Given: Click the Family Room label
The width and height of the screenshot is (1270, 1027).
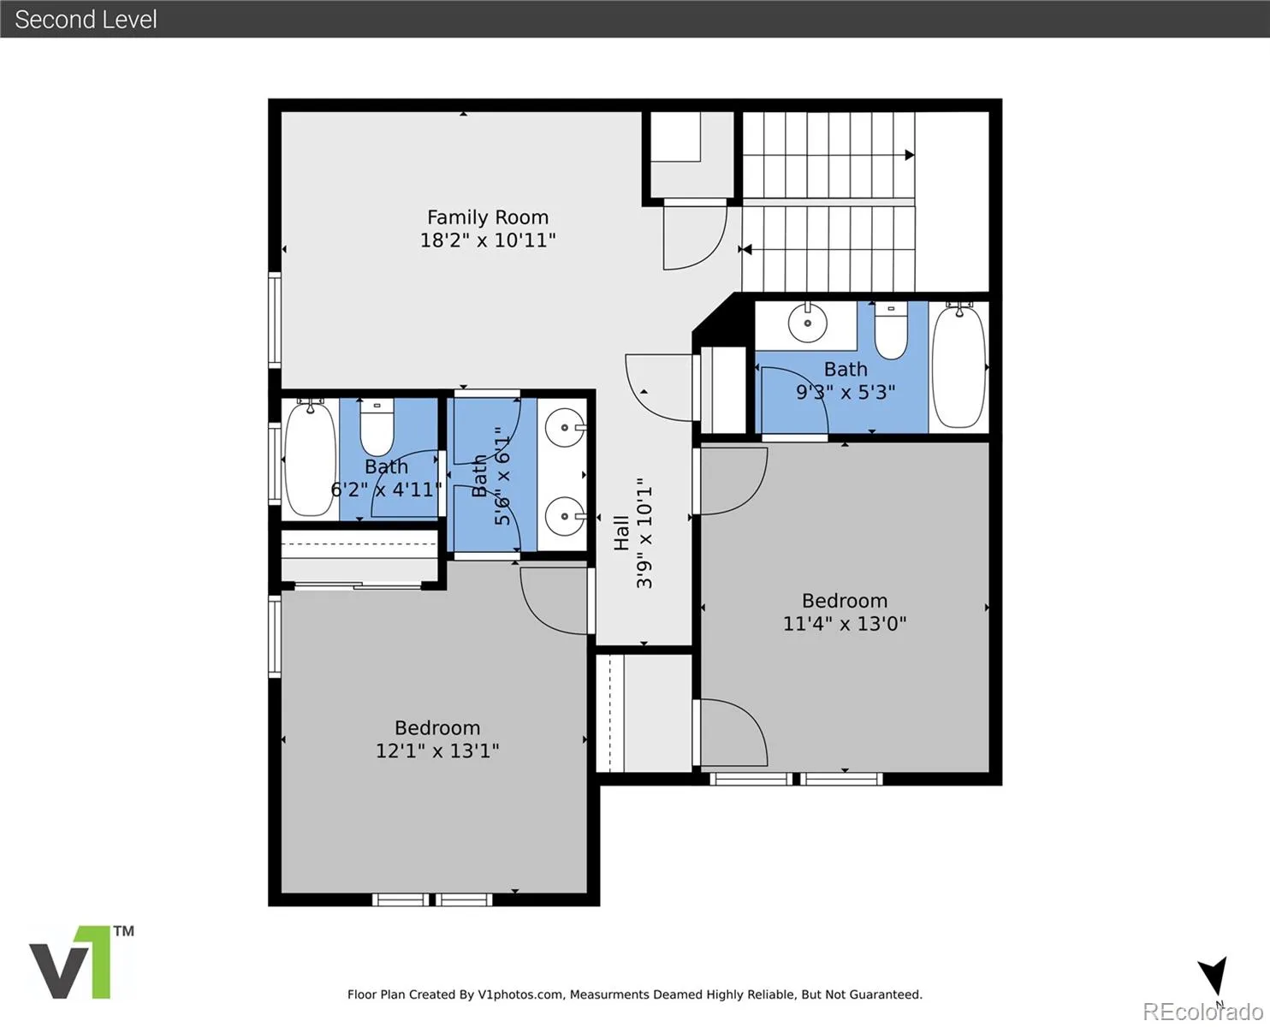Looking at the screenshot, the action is [x=488, y=217].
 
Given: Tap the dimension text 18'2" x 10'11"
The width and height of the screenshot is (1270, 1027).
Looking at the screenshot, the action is [x=488, y=240].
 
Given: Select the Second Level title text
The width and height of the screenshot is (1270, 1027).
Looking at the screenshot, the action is [x=86, y=20].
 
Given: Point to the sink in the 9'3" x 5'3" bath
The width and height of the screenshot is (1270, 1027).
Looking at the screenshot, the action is [x=807, y=323].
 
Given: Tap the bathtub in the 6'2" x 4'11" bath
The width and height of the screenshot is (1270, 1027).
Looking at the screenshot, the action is [x=310, y=459].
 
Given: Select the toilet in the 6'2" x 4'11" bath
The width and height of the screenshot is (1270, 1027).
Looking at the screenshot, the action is [x=377, y=427].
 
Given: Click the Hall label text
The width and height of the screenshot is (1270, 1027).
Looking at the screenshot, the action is [x=621, y=533].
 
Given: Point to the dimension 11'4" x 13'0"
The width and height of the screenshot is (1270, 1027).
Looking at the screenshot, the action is [x=845, y=623].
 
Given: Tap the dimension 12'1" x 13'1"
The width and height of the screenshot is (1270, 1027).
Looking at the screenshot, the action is [x=437, y=751].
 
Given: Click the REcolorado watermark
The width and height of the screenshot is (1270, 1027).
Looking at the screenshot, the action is [x=1202, y=1012].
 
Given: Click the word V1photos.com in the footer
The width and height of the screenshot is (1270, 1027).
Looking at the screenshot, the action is [x=520, y=994].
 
